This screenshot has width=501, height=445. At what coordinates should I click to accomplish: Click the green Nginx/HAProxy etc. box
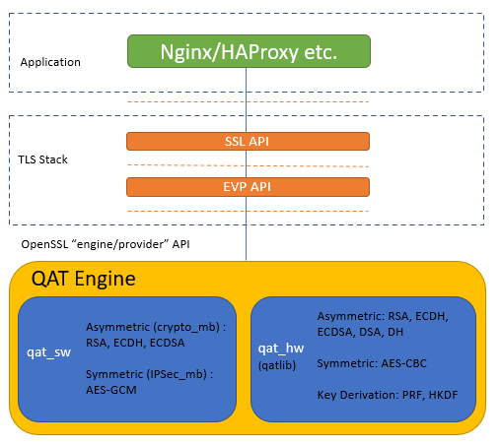(x=249, y=51)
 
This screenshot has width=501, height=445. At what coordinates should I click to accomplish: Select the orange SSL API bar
(x=248, y=142)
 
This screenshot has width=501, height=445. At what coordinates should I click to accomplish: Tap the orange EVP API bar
(x=248, y=186)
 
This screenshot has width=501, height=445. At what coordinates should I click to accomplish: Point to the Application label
(x=50, y=62)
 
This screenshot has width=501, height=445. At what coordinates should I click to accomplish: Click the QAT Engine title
(x=83, y=279)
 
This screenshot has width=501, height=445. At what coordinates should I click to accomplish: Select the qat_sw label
(x=48, y=351)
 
